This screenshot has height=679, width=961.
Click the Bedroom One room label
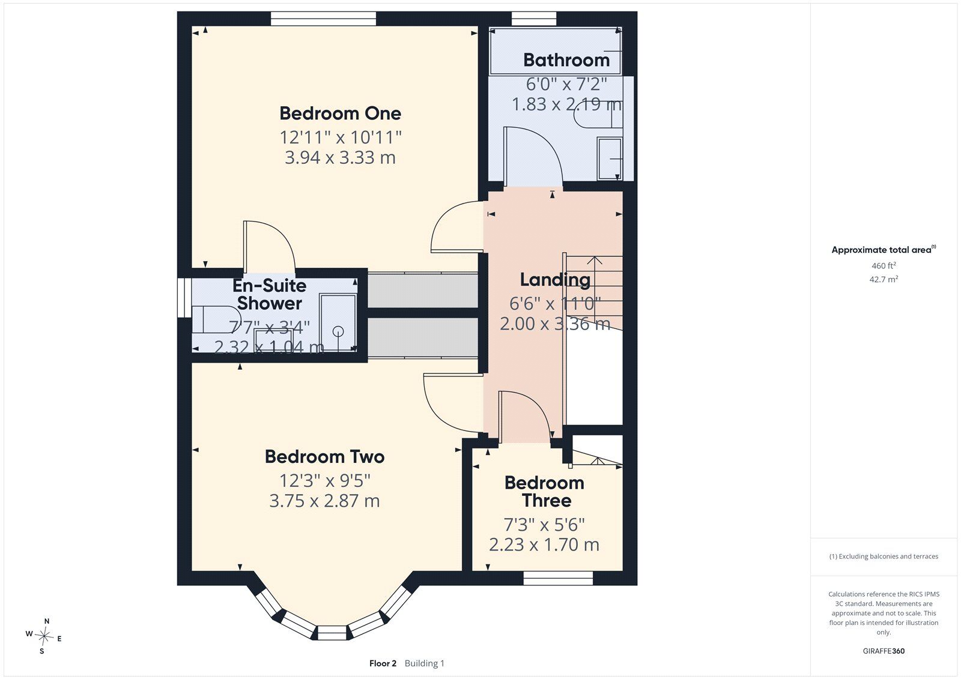(x=340, y=113)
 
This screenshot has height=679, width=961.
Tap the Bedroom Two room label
(x=324, y=457)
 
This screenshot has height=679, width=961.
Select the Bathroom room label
(x=566, y=60)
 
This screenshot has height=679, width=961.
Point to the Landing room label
(x=555, y=280)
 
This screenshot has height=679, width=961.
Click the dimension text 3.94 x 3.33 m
(x=340, y=158)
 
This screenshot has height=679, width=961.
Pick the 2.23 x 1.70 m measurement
(x=544, y=545)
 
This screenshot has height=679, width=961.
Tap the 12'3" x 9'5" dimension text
(x=325, y=481)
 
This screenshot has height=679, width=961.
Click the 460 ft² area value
(x=884, y=265)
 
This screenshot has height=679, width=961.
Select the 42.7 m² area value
(x=884, y=279)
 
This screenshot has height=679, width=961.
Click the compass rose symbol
(x=44, y=636)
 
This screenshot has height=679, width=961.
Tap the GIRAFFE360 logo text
(x=884, y=651)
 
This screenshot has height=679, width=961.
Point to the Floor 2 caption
(x=383, y=663)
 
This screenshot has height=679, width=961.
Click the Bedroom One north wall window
(x=324, y=19)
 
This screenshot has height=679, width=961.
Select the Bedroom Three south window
(x=558, y=578)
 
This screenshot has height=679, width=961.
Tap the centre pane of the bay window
(x=331, y=633)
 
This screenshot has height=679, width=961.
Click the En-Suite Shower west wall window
(x=184, y=298)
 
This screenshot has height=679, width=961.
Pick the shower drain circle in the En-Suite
(x=338, y=331)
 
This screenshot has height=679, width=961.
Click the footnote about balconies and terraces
(x=884, y=557)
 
